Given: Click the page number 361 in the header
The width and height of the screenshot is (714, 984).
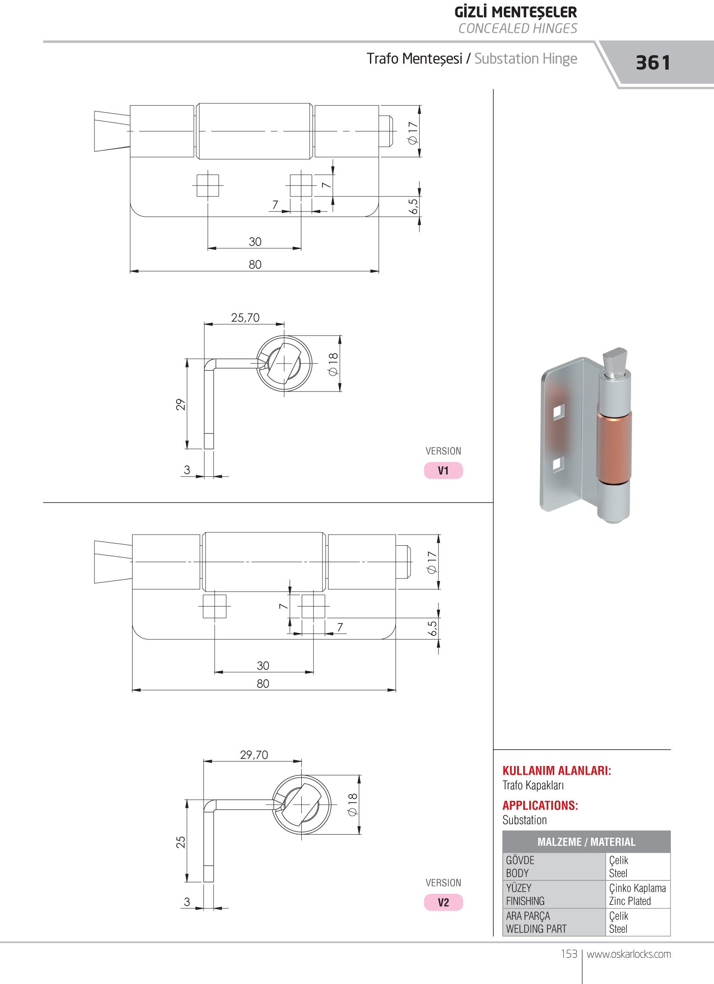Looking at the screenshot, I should [x=653, y=63].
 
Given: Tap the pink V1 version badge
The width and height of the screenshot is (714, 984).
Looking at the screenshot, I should [x=443, y=470].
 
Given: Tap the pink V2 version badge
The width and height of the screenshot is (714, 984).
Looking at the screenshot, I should [x=443, y=902].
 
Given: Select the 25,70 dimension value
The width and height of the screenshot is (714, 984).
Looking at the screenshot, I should [x=245, y=318].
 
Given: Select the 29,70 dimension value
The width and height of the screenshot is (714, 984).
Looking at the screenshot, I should [x=254, y=755].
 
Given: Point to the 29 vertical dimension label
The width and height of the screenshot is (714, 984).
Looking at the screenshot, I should [x=180, y=405].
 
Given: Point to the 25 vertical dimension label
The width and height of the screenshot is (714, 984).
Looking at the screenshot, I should [x=180, y=842].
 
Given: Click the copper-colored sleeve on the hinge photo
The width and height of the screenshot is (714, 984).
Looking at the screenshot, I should [x=614, y=447].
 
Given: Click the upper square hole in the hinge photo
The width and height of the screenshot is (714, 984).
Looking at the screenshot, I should [x=559, y=412].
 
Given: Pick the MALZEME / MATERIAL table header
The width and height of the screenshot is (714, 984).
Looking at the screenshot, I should [x=586, y=842].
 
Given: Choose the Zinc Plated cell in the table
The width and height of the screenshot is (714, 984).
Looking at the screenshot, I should [x=630, y=901].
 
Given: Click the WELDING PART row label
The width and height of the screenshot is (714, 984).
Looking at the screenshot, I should [x=536, y=928].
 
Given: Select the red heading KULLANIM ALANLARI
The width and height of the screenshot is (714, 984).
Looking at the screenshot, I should [x=556, y=771].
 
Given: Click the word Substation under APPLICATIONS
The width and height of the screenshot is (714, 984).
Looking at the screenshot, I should [x=524, y=820].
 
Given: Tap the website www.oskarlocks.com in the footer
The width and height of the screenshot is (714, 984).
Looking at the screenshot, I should [x=629, y=954].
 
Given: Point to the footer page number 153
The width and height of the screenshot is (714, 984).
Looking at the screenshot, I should [x=569, y=954].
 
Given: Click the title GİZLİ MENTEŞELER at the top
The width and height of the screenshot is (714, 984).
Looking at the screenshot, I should [x=515, y=12].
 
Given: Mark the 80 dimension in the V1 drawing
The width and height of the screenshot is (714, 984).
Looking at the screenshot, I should [x=255, y=264].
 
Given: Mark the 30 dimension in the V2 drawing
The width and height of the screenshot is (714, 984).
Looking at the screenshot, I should [x=263, y=665].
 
